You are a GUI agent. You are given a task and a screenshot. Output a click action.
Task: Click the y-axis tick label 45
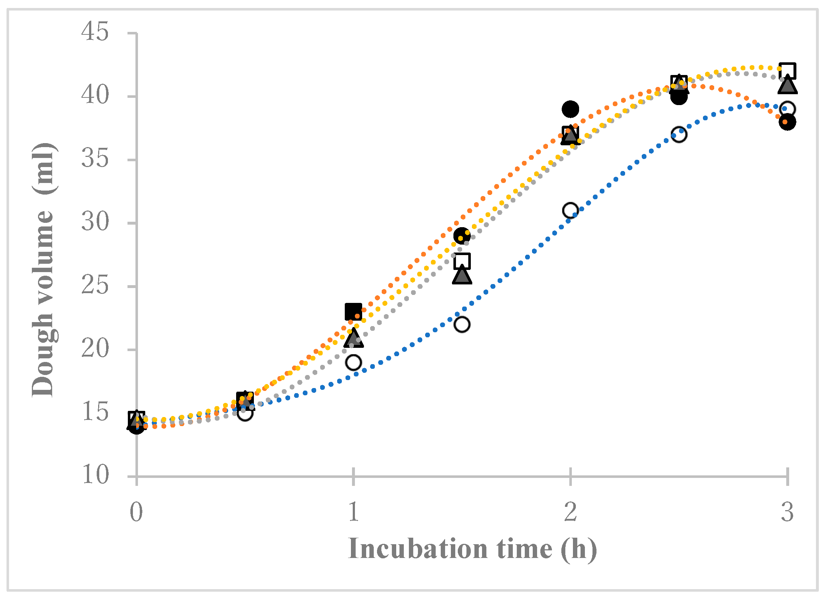tap(95, 32)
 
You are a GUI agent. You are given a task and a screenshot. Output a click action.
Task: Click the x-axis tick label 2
tap(570, 512)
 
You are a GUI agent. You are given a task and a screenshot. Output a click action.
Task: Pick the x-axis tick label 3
tap(787, 512)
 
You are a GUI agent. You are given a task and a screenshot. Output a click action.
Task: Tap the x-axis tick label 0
tap(136, 512)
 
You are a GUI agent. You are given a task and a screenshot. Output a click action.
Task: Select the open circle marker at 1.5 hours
tap(462, 324)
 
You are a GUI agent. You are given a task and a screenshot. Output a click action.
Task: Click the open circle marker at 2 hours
tap(570, 210)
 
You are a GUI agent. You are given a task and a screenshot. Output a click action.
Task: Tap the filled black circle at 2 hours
tap(570, 109)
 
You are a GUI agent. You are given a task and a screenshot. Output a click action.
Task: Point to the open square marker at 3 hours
tap(787, 71)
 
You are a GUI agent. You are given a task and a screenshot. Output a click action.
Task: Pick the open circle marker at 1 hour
tap(353, 362)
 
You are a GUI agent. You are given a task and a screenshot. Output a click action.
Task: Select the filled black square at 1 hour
tap(353, 312)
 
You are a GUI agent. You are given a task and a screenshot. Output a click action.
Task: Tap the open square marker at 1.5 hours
tap(462, 261)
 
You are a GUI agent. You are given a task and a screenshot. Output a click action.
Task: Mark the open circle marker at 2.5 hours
tap(679, 135)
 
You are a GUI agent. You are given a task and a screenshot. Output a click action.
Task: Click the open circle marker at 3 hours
tap(787, 109)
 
